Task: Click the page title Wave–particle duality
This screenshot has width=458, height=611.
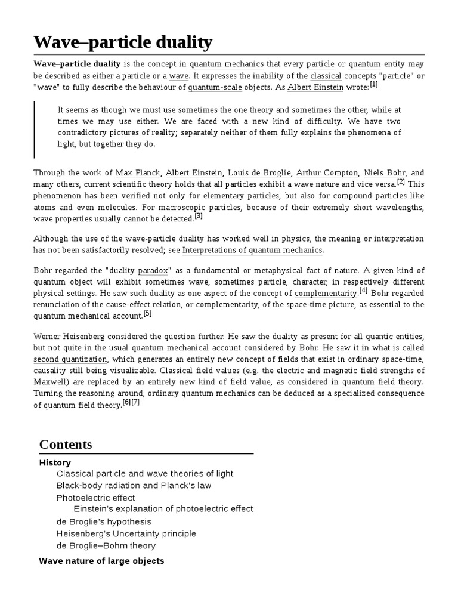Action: tap(122, 42)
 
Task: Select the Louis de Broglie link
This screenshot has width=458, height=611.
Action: tap(258, 173)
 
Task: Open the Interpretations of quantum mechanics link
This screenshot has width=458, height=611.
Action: tap(252, 250)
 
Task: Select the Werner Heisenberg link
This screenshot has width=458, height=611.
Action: tap(69, 337)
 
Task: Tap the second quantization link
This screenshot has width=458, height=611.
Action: tap(70, 359)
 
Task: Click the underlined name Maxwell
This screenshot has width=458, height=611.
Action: tap(50, 381)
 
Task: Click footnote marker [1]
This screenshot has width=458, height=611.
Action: tap(374, 85)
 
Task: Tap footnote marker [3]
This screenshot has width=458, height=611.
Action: tap(199, 216)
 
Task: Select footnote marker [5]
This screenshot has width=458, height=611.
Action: tap(147, 313)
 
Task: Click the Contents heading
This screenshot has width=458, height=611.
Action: tap(66, 445)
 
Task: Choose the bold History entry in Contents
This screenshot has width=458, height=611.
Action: tap(55, 462)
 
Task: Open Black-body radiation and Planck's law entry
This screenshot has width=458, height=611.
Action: tap(134, 486)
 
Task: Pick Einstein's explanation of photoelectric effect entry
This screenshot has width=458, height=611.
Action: tap(163, 509)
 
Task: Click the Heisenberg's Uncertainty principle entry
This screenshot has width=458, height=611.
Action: tap(126, 533)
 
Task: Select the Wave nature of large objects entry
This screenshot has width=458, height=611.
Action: tap(101, 561)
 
